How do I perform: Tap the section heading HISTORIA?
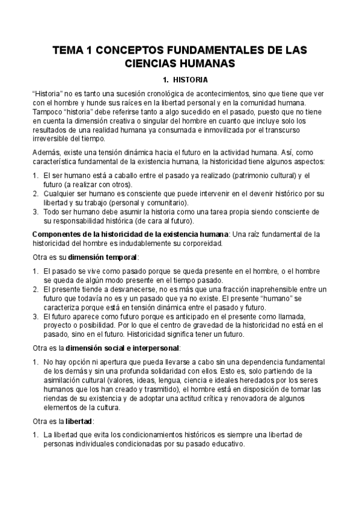[190, 79]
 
